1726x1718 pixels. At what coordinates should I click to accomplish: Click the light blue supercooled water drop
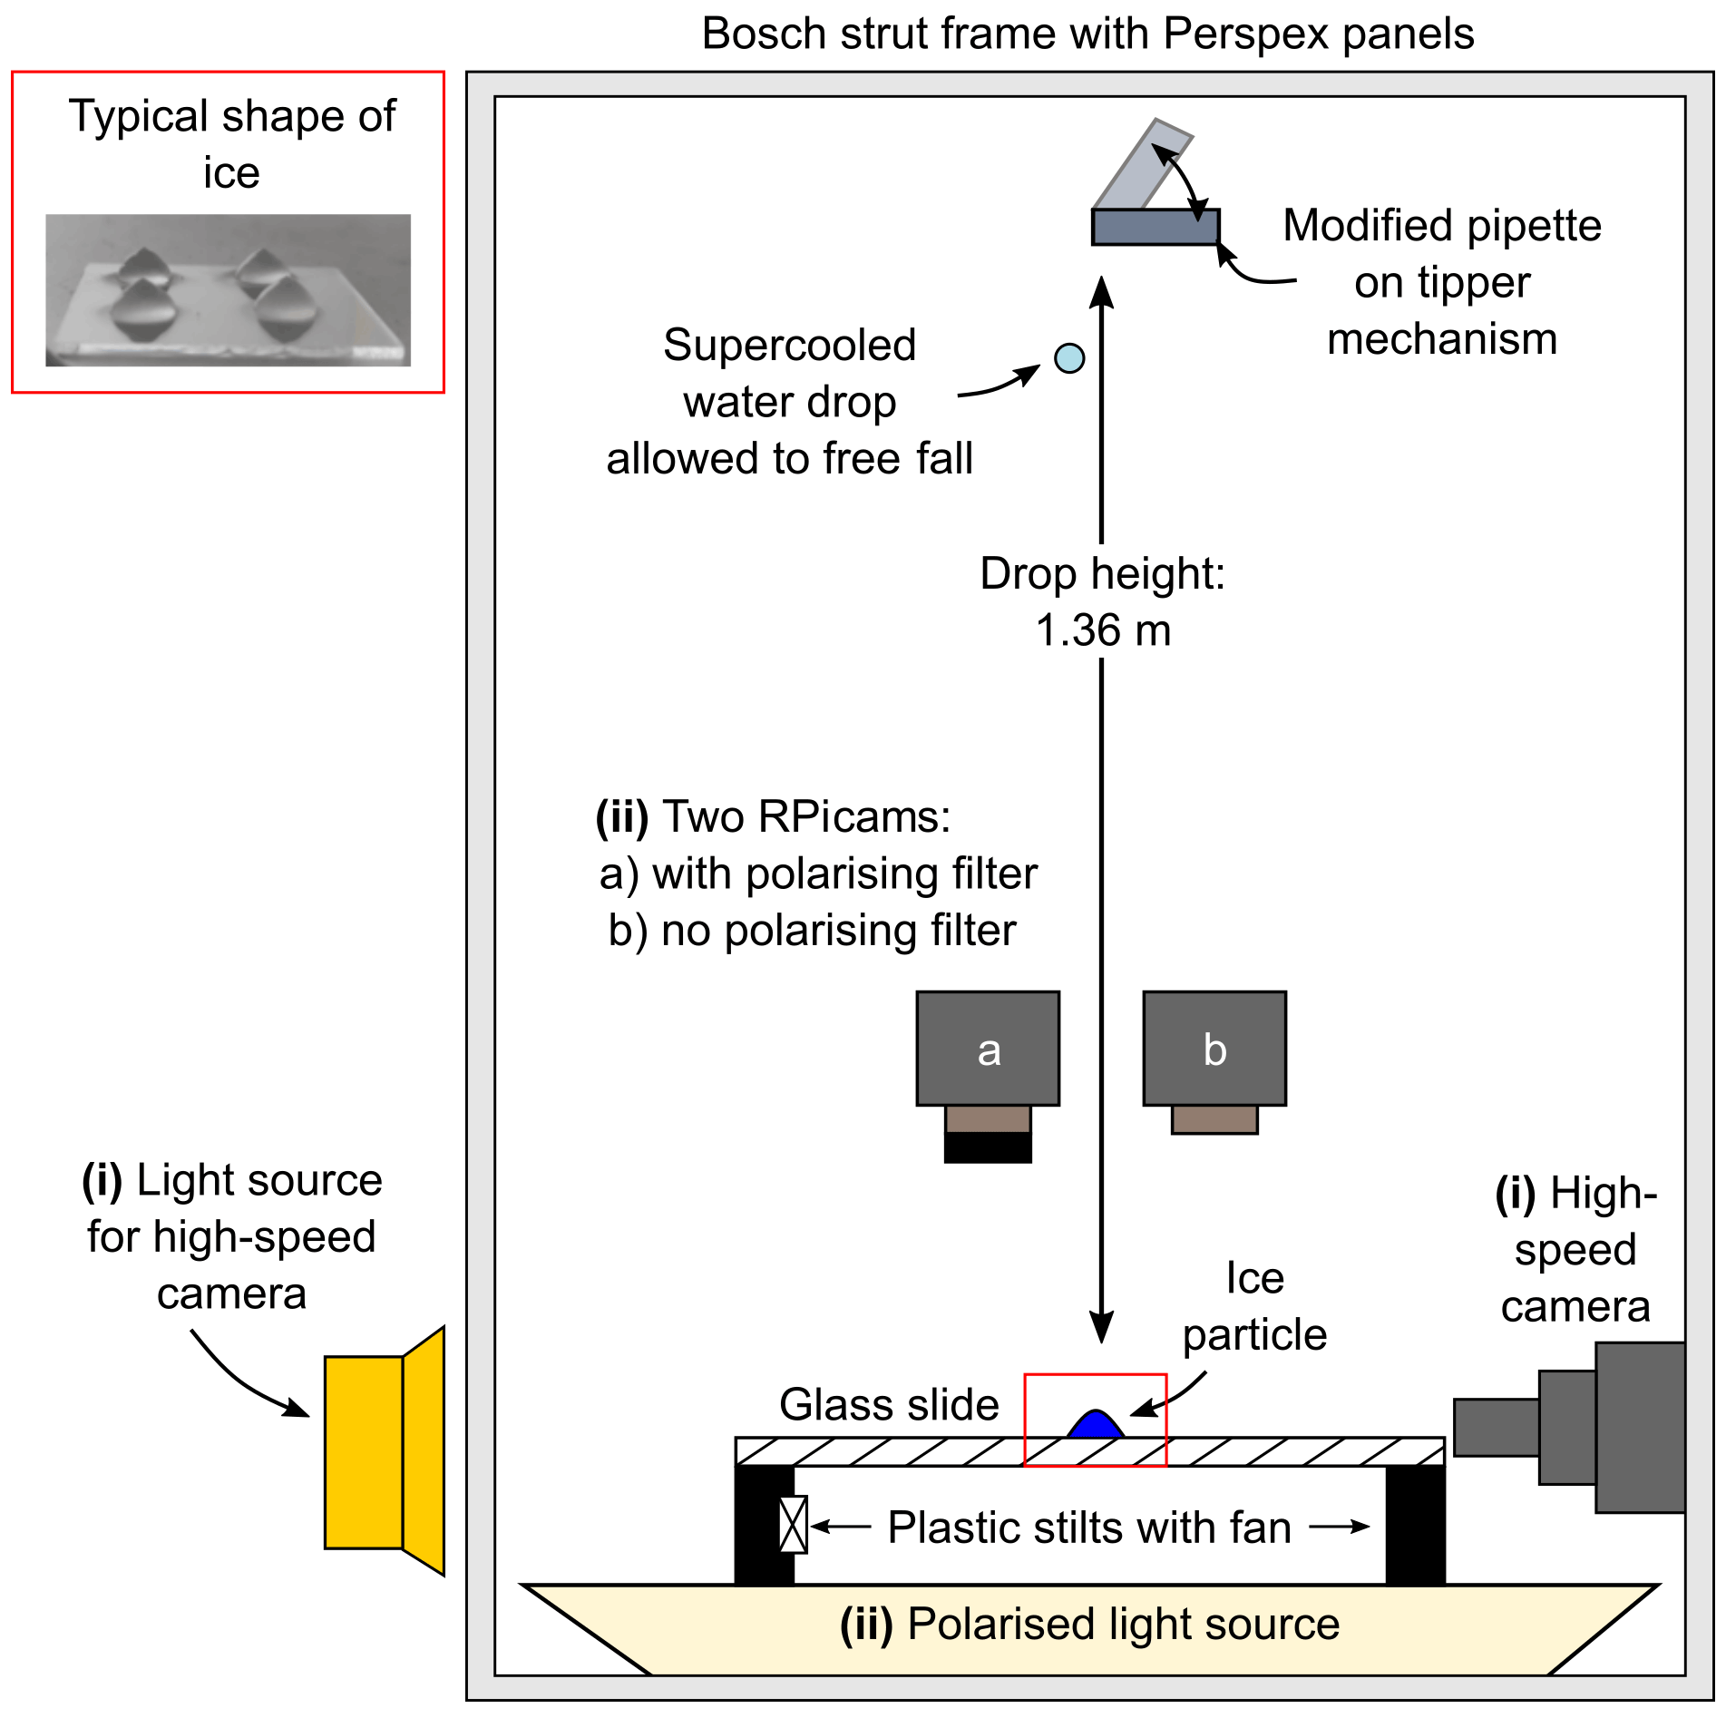(x=1069, y=358)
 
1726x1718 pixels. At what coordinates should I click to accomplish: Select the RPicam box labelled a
(x=988, y=1049)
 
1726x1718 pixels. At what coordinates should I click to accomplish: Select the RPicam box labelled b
(x=1214, y=1049)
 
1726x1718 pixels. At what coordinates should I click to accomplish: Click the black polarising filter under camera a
(x=988, y=1147)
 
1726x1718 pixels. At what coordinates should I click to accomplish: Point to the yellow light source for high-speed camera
(x=364, y=1452)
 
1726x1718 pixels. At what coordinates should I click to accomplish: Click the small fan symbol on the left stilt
(x=793, y=1525)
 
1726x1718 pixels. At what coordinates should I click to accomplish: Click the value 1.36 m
(x=1103, y=631)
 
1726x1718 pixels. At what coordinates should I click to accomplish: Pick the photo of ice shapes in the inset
(x=228, y=290)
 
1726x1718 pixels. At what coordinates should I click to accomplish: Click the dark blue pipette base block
(x=1155, y=227)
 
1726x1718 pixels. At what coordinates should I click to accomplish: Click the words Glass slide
(x=889, y=1405)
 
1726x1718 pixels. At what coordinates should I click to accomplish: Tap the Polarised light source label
(x=1089, y=1625)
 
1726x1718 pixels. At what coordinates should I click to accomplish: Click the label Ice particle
(x=1254, y=1307)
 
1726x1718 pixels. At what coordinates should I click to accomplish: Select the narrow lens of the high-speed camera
(x=1496, y=1428)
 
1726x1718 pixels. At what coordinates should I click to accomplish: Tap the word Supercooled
(x=789, y=346)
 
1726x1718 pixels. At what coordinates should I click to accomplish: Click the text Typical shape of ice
(x=232, y=144)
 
